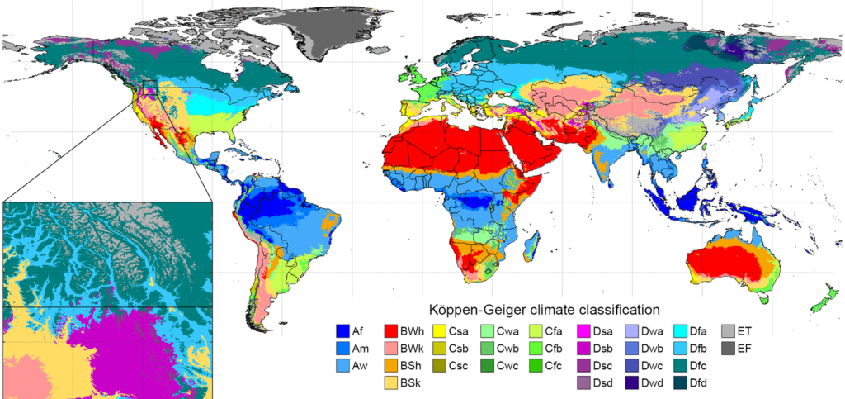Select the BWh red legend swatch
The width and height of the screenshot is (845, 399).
[x=393, y=330]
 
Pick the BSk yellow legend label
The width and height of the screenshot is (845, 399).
[x=413, y=383]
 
